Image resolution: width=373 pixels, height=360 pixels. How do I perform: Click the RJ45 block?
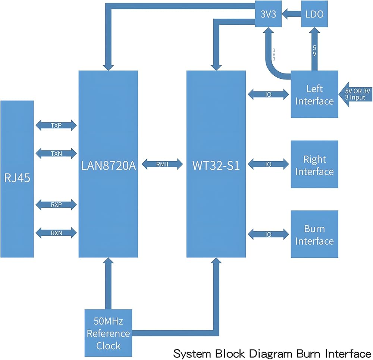pos(17,178)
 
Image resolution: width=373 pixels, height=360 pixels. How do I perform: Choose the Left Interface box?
pos(314,95)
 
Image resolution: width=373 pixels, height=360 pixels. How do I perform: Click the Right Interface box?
pos(314,165)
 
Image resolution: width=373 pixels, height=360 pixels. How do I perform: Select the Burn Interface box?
pos(314,235)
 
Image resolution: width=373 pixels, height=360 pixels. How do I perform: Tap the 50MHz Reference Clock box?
pos(108,333)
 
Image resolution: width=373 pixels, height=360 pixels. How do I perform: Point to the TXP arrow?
pos(56,125)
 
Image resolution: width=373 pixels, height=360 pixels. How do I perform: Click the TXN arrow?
pos(56,153)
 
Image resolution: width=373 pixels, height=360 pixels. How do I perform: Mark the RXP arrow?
pos(56,204)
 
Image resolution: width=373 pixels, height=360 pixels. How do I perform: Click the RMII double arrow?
pos(162,163)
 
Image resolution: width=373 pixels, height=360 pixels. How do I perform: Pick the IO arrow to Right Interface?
pos(269,164)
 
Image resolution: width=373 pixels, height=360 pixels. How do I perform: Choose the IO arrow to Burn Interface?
pos(269,234)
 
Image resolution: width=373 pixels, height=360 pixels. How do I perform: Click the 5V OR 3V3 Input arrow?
pos(356,94)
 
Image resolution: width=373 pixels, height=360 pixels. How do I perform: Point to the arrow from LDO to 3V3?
pos(292,15)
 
